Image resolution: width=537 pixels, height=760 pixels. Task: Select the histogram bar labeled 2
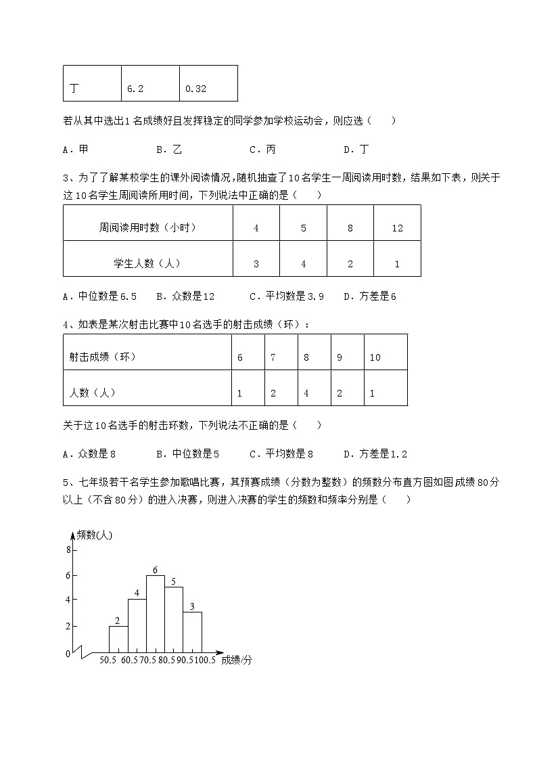click(118, 638)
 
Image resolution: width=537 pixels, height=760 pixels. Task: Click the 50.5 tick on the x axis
click(110, 660)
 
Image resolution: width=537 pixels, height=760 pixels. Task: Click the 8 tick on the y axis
click(68, 550)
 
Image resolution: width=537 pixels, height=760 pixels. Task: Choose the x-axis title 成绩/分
click(237, 660)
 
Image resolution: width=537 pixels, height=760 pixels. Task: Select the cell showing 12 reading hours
click(397, 228)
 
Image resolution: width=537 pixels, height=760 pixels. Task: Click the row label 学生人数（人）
click(147, 264)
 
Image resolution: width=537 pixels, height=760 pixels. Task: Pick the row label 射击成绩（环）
click(103, 357)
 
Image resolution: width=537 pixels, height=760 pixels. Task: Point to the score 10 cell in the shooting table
click(375, 357)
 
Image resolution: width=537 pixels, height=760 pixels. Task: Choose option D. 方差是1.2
click(375, 454)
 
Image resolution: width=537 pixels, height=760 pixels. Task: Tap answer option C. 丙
click(262, 150)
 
